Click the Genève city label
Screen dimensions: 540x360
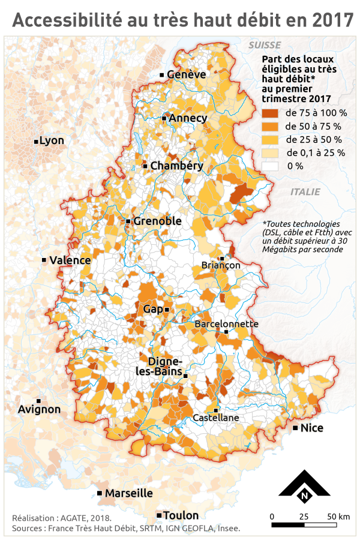coord(187,74)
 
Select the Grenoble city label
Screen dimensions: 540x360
coord(157,221)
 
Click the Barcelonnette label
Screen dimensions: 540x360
coord(226,323)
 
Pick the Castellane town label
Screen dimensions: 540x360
coord(216,418)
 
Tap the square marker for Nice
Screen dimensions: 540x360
coord(295,428)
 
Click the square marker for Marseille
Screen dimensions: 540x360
coord(99,493)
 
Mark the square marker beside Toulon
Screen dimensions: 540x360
coord(158,515)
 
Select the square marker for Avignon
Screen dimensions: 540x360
coord(38,401)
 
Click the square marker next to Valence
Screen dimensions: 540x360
coord(44,260)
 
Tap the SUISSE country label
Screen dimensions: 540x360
coord(265,45)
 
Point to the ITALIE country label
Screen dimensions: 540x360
coord(305,192)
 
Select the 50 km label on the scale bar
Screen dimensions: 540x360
coord(338,516)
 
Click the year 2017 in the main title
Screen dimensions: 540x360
coord(334,20)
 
